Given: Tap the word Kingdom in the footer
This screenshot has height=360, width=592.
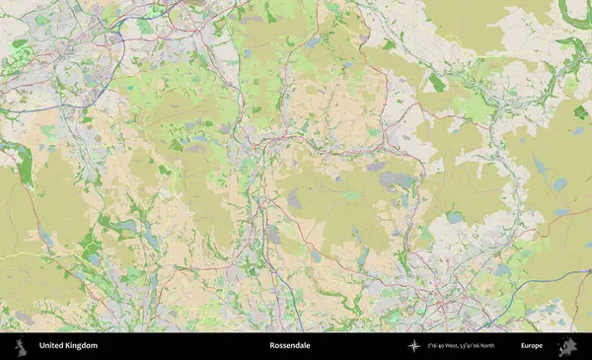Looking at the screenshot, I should pyautogui.click(x=83, y=346).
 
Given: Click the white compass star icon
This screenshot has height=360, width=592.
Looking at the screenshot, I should pyautogui.click(x=414, y=346).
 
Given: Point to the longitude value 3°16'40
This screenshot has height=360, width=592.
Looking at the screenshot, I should pyautogui.click(x=438, y=346).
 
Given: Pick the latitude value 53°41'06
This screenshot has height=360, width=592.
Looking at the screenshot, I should pyautogui.click(x=483, y=346).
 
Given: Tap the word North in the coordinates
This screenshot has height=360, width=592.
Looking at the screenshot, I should pyautogui.click(x=506, y=346).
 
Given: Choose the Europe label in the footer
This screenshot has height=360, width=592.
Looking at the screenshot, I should pyautogui.click(x=532, y=346).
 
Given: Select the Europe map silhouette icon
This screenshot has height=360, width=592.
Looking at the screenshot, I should pyautogui.click(x=567, y=346).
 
